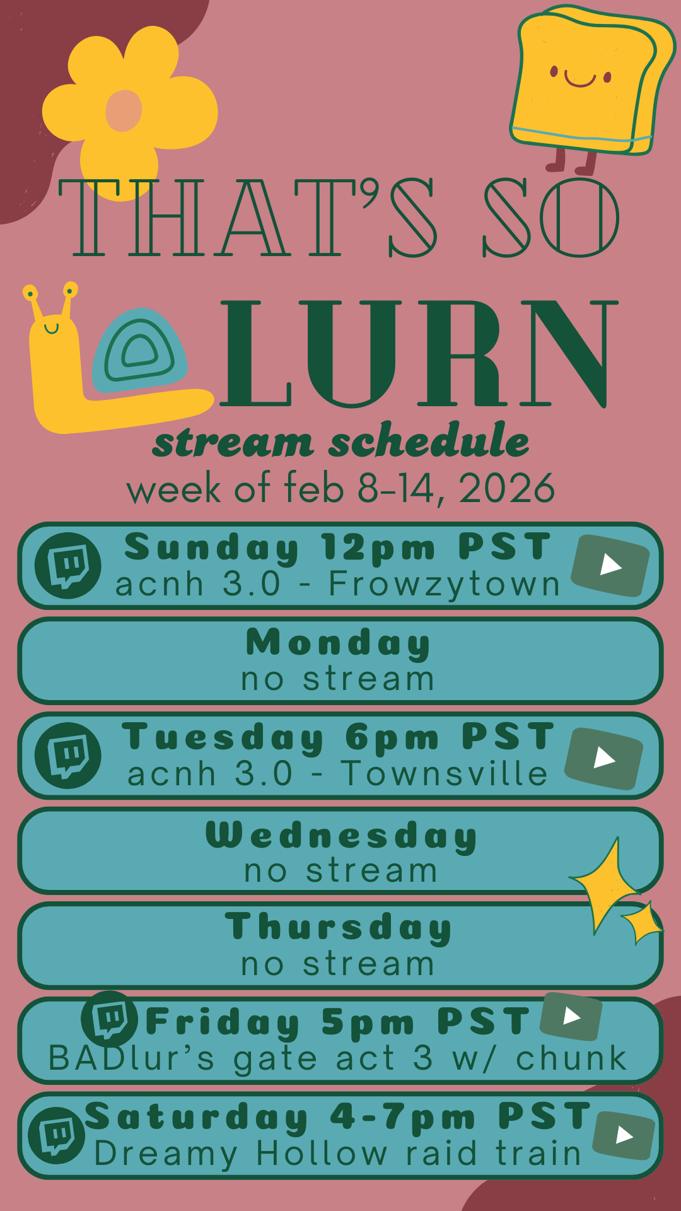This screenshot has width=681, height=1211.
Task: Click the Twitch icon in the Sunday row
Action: coord(67,565)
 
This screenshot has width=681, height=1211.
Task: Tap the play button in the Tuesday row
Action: coord(604,758)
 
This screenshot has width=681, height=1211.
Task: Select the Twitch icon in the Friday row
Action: coord(110,1019)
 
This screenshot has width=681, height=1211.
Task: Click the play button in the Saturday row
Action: coord(624,1135)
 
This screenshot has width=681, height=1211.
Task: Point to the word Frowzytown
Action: coord(445,584)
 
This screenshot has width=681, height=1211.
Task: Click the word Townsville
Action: coord(445,773)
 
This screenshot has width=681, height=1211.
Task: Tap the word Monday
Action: coord(339,643)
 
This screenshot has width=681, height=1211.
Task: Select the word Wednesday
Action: coord(341,836)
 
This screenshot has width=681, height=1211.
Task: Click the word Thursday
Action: coord(339,928)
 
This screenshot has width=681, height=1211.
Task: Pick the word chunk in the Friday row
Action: coord(571,1058)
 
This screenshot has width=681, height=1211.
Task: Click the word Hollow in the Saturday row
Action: coord(322,1153)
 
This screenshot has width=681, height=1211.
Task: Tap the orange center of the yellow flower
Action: coord(124,111)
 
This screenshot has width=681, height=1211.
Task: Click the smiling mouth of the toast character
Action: coord(580,79)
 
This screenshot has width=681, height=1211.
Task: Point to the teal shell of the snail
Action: coord(139,350)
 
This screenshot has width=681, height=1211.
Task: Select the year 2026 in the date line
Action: coord(507,488)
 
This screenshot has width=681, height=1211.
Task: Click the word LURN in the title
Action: coord(418,353)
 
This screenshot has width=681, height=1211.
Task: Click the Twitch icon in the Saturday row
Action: coord(57,1135)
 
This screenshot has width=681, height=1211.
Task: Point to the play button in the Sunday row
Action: coord(610,565)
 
